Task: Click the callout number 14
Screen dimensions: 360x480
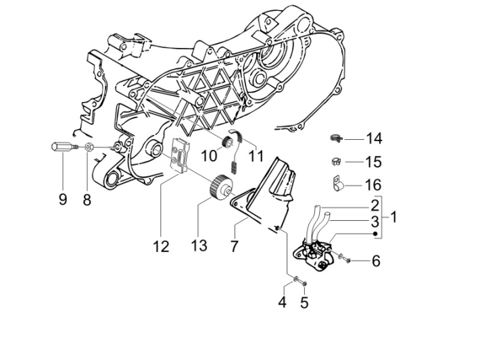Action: (x=374, y=138)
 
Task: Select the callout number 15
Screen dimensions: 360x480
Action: (x=374, y=162)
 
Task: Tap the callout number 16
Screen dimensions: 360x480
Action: (x=374, y=185)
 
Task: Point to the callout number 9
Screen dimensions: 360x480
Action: (x=63, y=200)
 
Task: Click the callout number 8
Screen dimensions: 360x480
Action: (x=87, y=200)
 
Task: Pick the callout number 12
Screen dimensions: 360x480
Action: (x=160, y=247)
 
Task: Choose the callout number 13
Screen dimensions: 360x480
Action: (x=198, y=247)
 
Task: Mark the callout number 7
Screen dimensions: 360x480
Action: (x=235, y=247)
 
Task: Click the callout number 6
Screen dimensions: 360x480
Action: (x=376, y=260)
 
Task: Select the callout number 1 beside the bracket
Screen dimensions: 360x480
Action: (x=393, y=217)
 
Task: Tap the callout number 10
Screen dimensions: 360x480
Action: (x=210, y=156)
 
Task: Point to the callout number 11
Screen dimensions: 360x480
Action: (x=235, y=156)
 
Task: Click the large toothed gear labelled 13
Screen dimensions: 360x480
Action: (x=218, y=186)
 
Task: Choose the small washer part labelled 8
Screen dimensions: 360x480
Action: (x=89, y=147)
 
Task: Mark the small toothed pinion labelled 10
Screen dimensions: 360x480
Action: (x=227, y=142)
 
